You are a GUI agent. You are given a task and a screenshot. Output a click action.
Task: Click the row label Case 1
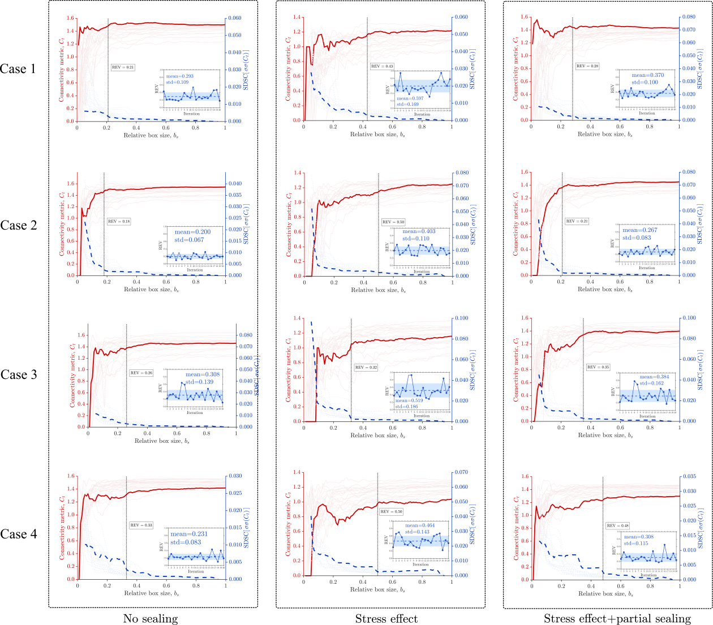click(x=18, y=69)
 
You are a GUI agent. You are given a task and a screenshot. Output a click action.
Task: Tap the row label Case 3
click(x=19, y=375)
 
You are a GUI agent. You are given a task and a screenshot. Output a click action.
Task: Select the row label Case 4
click(x=19, y=535)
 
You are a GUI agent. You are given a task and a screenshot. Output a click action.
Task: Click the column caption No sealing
click(x=151, y=619)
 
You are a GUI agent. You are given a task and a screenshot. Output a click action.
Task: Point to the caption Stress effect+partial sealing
click(x=617, y=619)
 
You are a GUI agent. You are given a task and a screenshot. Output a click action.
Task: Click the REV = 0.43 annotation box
click(x=382, y=66)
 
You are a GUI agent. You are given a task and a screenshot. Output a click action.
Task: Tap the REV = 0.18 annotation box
click(x=119, y=221)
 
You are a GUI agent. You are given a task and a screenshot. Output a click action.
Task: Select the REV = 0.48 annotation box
click(x=617, y=525)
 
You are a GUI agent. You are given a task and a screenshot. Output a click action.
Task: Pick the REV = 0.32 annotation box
click(x=366, y=368)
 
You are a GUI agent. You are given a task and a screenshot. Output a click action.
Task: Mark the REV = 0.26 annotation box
click(x=141, y=373)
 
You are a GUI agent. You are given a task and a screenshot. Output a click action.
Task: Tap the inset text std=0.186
click(x=407, y=406)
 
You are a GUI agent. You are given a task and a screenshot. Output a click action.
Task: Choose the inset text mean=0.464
click(x=420, y=525)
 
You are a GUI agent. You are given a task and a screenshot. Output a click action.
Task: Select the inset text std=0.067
click(x=189, y=240)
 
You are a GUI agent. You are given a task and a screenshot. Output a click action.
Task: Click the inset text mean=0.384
click(x=654, y=377)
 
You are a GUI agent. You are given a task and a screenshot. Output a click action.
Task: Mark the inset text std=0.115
click(x=636, y=544)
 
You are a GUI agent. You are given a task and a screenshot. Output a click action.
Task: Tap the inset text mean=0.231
click(x=189, y=534)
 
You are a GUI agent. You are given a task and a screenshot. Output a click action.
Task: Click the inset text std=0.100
click(x=645, y=82)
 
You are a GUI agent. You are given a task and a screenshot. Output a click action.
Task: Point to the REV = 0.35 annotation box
click(x=598, y=367)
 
